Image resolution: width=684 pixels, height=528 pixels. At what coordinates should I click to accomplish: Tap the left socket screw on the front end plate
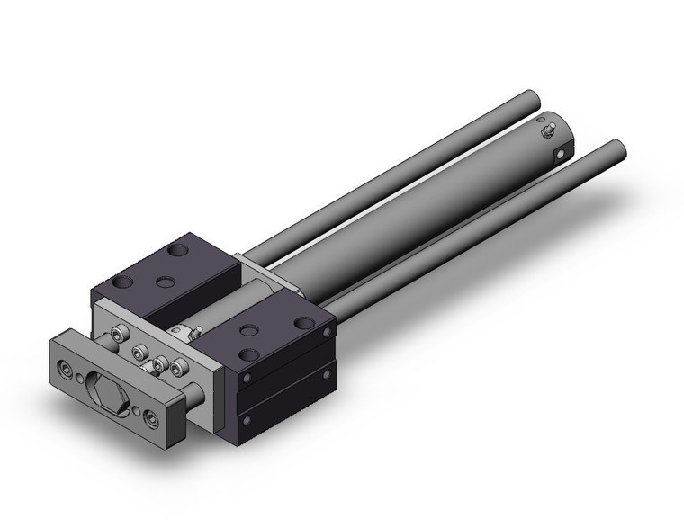pos(68,367)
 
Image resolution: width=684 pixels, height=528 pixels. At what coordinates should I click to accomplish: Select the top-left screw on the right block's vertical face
pos(242,380)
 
